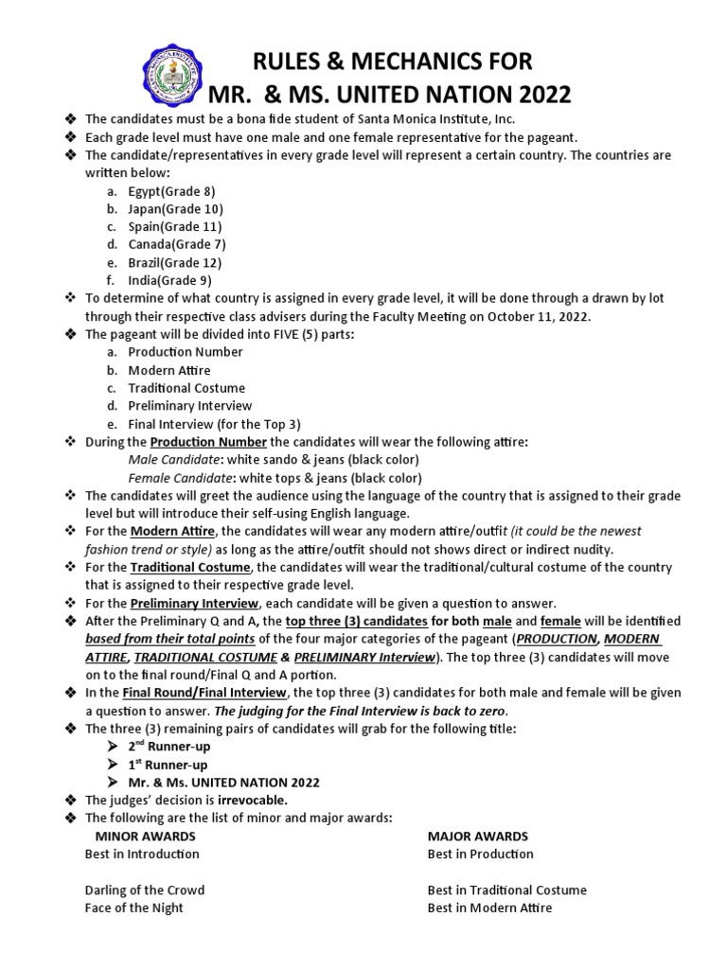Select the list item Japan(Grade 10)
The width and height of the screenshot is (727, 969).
[x=175, y=209]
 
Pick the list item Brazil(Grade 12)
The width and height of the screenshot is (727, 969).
[x=175, y=262]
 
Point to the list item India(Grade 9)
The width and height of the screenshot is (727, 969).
[x=170, y=280]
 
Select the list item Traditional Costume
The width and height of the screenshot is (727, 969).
[x=186, y=388]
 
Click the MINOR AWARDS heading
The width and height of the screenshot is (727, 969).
[x=146, y=836]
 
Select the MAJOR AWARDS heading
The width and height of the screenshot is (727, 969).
[x=478, y=836]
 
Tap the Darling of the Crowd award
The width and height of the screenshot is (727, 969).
[x=145, y=890]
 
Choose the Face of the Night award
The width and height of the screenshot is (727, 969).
[x=134, y=907]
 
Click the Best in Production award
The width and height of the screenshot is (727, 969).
[x=481, y=854]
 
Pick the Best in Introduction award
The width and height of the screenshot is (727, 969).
[x=142, y=854]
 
